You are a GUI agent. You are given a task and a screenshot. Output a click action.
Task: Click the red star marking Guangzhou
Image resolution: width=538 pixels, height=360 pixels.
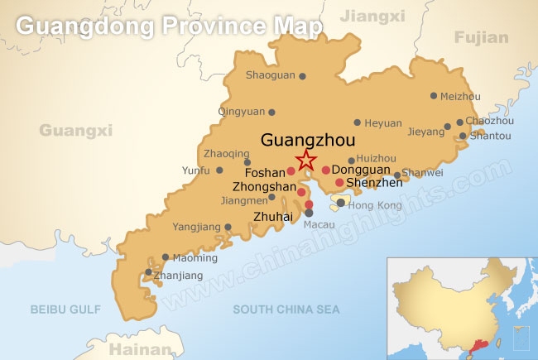[306, 160]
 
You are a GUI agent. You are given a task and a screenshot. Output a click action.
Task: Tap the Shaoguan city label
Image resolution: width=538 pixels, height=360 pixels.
[271, 75]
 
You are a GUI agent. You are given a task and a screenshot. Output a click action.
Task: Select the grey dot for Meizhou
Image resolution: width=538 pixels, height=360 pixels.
[434, 96]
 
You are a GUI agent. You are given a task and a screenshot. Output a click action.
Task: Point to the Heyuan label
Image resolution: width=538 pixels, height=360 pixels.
[384, 122]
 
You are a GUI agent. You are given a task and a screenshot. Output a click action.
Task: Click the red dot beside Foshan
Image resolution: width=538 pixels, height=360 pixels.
[291, 172]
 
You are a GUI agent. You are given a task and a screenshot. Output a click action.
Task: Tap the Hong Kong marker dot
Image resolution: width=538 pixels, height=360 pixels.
[341, 202]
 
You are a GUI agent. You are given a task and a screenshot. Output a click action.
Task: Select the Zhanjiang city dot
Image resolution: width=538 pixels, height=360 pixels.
[149, 272]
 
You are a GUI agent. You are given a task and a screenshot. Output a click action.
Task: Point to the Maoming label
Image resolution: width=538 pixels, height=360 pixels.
[195, 258]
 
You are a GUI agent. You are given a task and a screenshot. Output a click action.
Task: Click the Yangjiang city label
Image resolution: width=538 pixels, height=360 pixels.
[197, 227]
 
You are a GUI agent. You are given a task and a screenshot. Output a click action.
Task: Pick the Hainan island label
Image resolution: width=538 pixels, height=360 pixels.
[134, 348]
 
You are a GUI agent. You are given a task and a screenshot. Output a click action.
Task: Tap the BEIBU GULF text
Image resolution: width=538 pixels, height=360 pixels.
[65, 310]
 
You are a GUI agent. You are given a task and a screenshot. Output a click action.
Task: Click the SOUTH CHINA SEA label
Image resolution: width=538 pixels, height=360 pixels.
[286, 310]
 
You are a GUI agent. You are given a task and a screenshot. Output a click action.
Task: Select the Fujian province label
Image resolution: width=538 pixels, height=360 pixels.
[480, 37]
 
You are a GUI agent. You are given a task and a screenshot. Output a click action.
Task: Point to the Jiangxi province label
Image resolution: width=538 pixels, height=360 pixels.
[372, 16]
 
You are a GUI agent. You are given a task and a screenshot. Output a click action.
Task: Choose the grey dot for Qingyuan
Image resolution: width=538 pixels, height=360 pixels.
[271, 112]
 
